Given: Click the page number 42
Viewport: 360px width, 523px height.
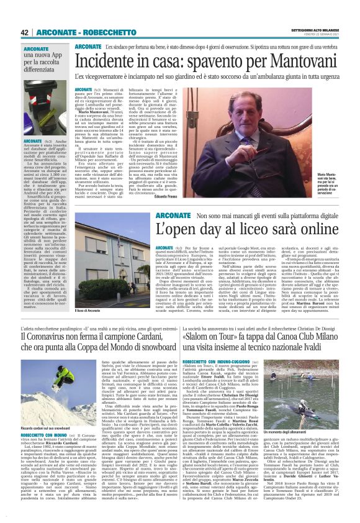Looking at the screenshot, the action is pos(25,32).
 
